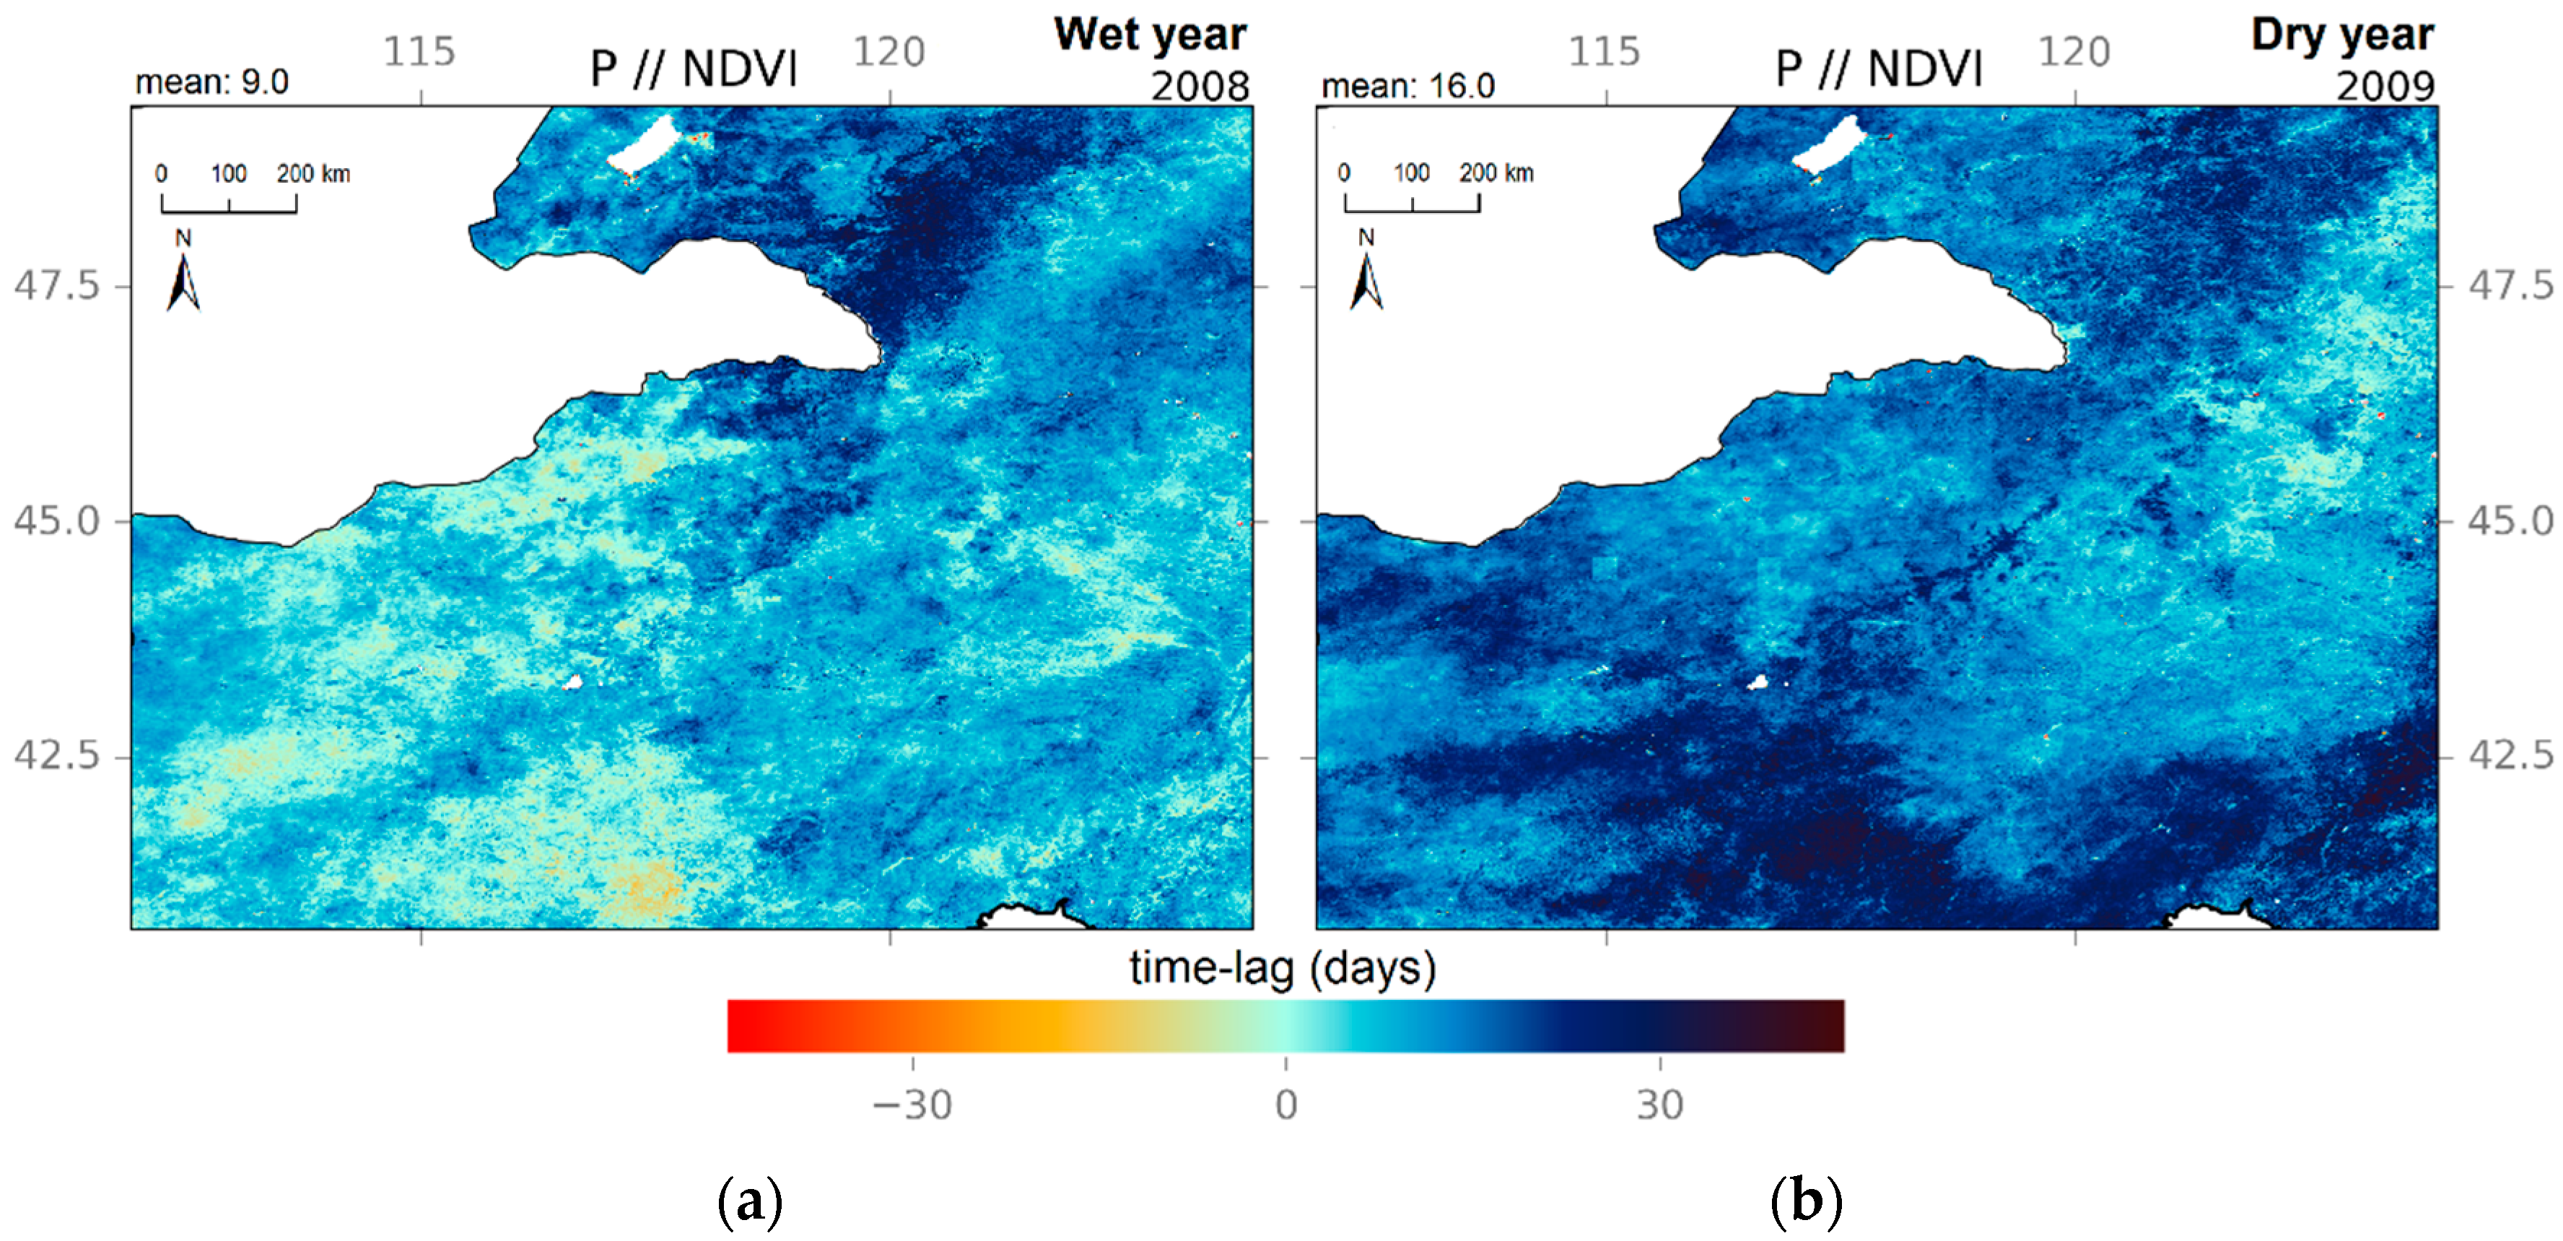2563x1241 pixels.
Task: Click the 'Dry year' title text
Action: tap(2342, 35)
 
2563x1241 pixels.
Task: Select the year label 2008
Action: tap(1200, 87)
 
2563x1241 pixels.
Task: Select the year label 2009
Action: tap(2385, 87)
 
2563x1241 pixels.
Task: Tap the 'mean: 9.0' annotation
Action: tap(212, 82)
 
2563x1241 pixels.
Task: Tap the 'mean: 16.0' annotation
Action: tap(1408, 87)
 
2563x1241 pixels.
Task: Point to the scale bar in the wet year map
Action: tap(229, 202)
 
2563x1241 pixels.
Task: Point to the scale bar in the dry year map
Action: tap(1412, 202)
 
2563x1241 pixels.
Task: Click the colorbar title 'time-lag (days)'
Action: tap(1283, 967)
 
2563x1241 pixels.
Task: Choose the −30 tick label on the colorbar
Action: tap(912, 1105)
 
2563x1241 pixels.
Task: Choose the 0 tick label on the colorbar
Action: tap(1285, 1105)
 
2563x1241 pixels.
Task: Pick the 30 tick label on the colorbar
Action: tap(1659, 1105)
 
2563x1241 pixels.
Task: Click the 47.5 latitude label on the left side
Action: tap(57, 286)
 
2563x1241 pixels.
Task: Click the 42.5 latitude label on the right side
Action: tap(2510, 755)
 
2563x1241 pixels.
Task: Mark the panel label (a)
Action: tap(750, 1202)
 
